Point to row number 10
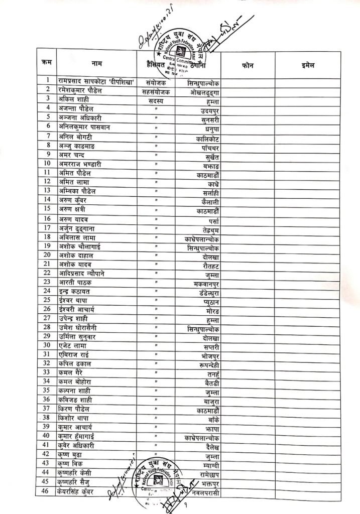pos(47,163)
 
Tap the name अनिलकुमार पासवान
pos(84,127)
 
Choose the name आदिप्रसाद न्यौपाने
pos(85,273)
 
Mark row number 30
pos(47,345)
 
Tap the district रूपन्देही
pos(205,365)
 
